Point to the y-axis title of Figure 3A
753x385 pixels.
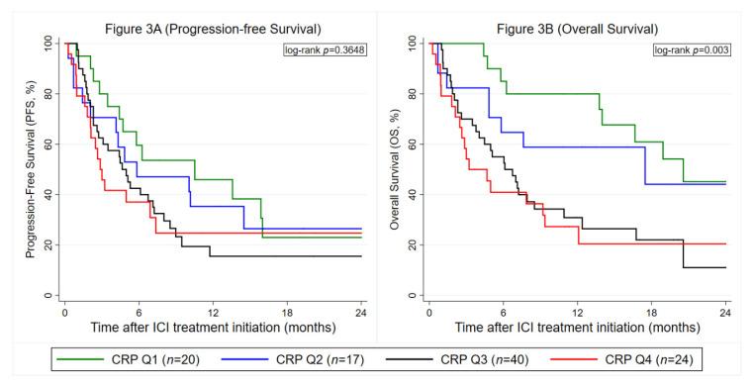[32, 169]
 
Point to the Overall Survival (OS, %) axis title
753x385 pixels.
[396, 169]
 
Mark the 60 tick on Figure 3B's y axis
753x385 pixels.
[412, 144]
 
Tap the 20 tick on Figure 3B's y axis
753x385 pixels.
[412, 245]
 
